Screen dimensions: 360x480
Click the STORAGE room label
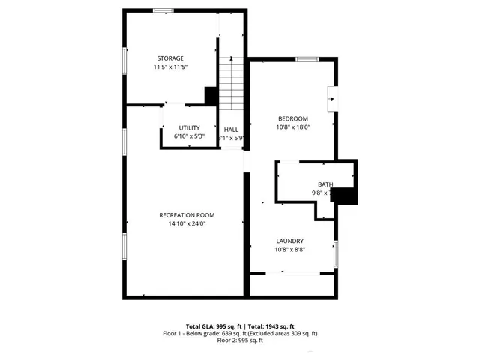coord(170,58)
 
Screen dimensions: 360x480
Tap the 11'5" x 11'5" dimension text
coord(170,67)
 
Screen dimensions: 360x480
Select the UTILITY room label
coord(189,128)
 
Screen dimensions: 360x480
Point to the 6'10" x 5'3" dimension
coord(189,136)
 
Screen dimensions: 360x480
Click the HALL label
coord(231,130)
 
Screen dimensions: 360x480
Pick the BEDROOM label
coord(293,118)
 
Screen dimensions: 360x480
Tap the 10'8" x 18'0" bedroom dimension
coord(293,127)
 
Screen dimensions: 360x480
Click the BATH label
coord(325,184)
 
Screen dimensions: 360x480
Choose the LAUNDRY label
coord(290,241)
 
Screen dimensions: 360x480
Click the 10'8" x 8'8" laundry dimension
coord(290,249)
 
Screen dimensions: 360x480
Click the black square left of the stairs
coord(211,96)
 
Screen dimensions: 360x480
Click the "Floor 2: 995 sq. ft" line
coord(240,340)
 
